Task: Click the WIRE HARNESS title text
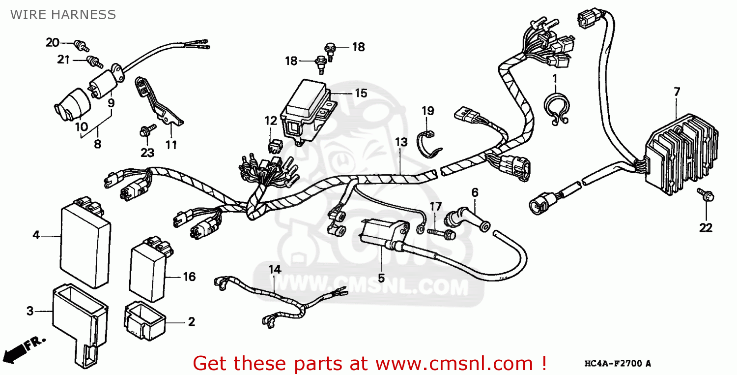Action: tap(63, 15)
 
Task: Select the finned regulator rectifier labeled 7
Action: tap(680, 153)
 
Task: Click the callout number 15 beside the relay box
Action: tap(361, 93)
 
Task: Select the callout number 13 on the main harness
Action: tap(401, 143)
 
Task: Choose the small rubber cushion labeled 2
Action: tap(143, 320)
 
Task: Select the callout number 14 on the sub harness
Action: tap(275, 270)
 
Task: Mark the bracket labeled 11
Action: tap(157, 103)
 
